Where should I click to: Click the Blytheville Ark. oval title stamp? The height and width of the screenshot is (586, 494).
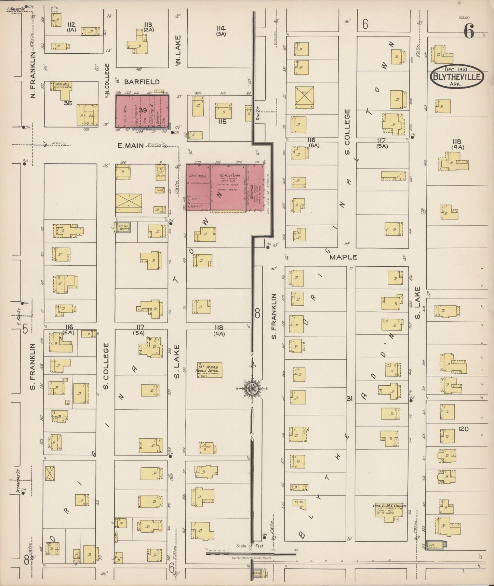point(457,78)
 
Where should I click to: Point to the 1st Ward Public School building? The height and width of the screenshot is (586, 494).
point(209,370)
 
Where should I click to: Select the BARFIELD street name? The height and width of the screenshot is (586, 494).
point(142,82)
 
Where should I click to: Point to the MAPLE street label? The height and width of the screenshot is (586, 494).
point(343,257)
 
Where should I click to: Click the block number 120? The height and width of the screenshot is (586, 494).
point(463,429)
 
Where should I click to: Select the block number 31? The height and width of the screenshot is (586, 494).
point(349,399)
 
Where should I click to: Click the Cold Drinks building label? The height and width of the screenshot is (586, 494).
point(161,173)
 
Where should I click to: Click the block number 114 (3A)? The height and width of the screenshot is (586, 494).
point(221,30)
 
